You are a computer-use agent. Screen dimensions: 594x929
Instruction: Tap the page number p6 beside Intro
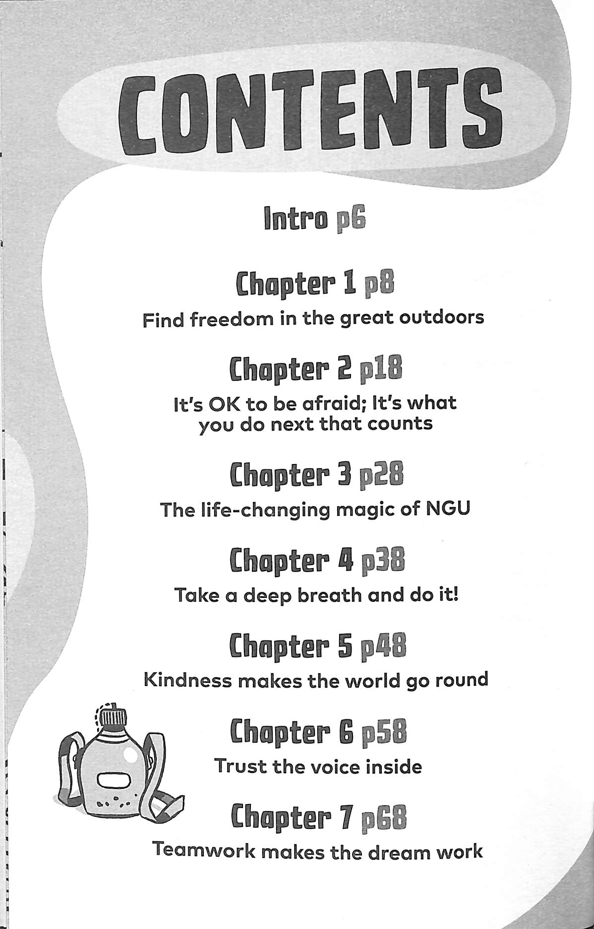(x=350, y=219)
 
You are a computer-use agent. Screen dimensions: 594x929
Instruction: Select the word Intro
(x=296, y=218)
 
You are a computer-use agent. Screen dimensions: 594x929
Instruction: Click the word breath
(x=329, y=595)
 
